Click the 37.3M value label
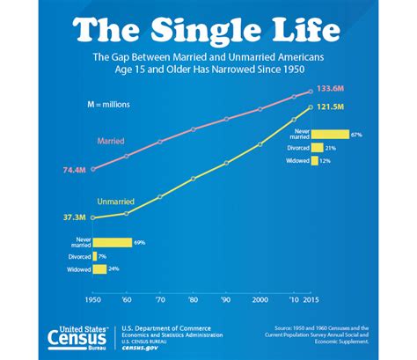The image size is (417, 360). [74, 217]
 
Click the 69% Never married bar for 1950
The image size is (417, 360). [112, 242]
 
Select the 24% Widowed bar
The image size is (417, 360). [99, 269]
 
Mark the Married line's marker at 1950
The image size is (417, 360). [92, 168]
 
